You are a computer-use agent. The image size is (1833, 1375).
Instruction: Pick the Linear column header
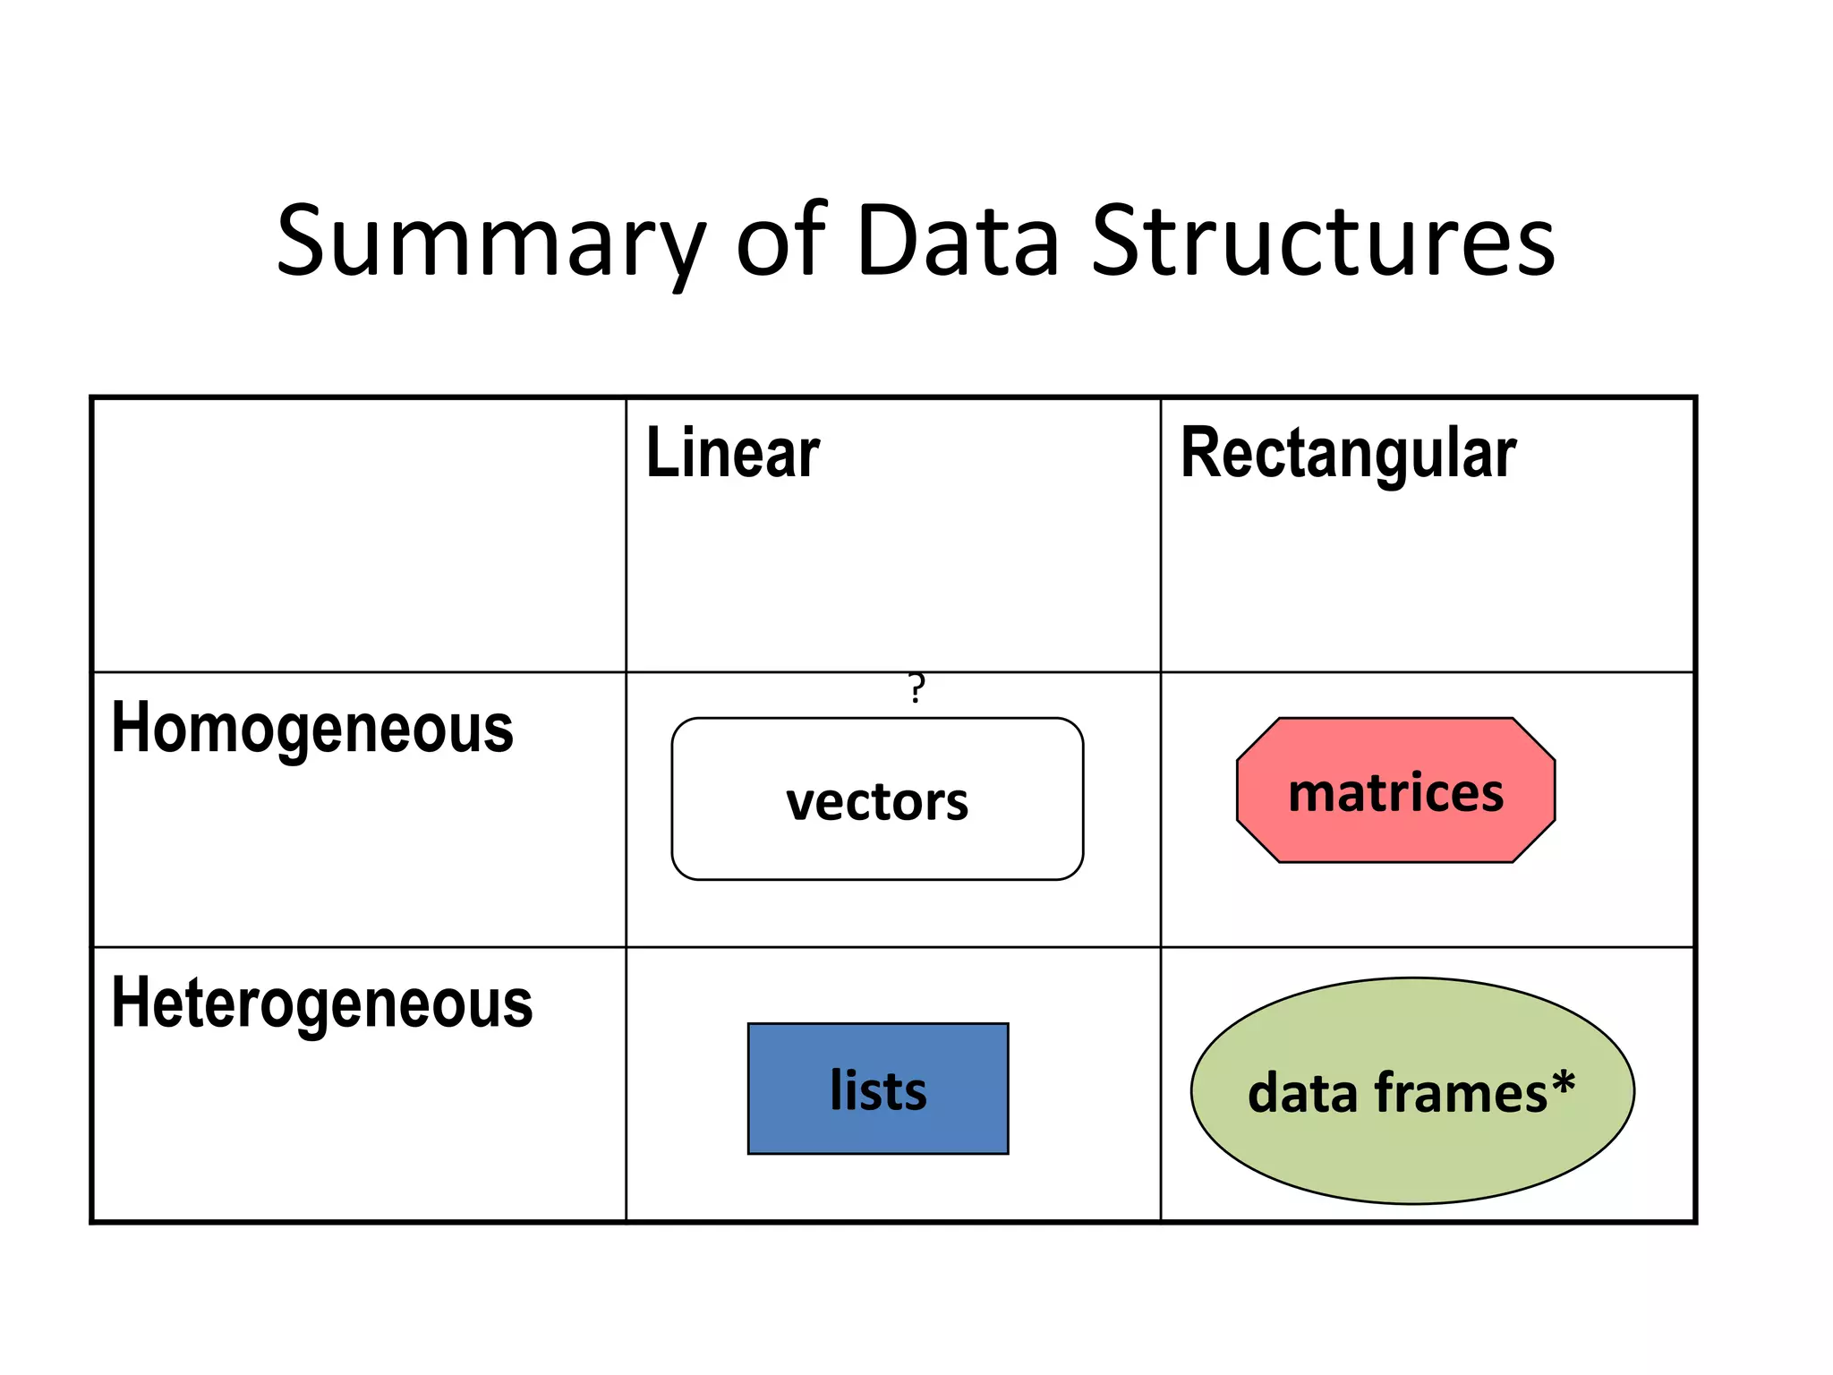pos(732,454)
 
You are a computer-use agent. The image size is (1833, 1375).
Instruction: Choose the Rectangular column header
pos(1348,454)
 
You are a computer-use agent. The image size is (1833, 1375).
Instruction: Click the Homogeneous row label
pos(312,729)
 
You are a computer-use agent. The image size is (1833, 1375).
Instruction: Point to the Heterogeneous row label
pos(322,1003)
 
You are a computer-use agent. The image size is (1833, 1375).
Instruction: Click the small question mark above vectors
pos(916,687)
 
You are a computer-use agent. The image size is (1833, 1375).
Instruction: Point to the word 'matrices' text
pos(1395,793)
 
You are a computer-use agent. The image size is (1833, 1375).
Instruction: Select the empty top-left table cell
pos(358,534)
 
